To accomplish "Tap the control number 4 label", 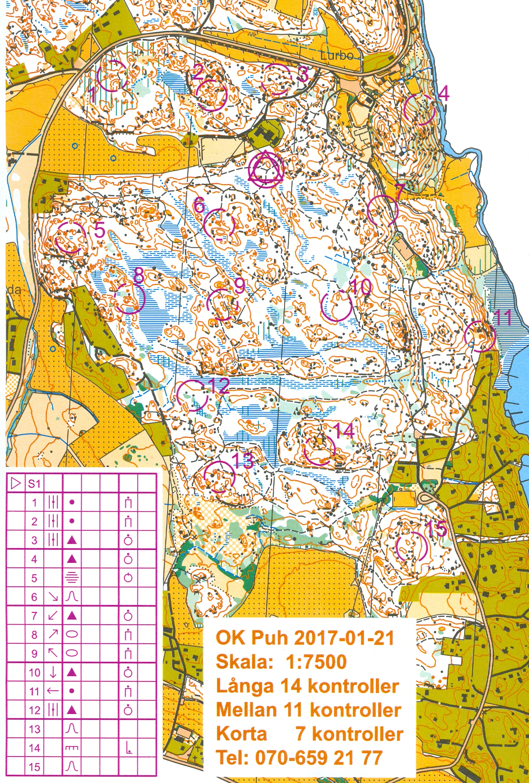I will [444, 94].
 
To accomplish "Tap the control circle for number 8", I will [129, 299].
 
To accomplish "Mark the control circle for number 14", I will [319, 449].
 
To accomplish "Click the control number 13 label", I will [242, 460].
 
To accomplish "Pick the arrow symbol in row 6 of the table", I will [53, 597].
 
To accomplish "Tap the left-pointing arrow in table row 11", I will [53, 691].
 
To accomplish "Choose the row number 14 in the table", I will [34, 748].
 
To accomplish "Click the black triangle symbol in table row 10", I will [71, 672].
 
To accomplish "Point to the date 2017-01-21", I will [344, 638].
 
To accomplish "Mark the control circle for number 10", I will [336, 306].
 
